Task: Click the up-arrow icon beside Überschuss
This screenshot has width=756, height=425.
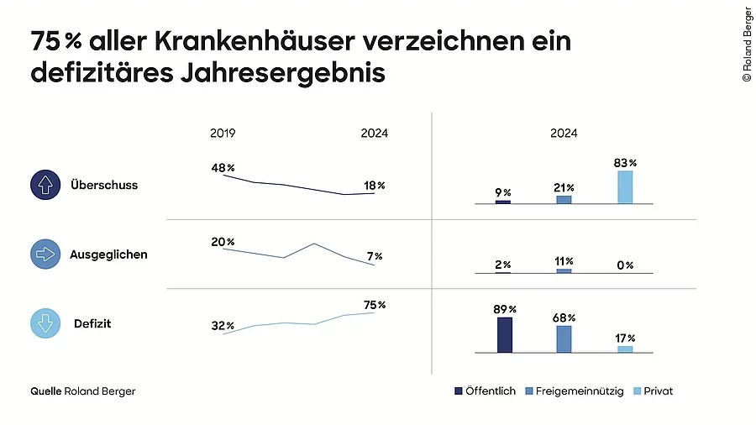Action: [45, 185]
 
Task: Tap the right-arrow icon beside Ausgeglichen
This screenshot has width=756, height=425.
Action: [45, 254]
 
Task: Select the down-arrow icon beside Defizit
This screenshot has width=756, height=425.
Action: [45, 323]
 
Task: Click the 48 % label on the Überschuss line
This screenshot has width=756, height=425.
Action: [223, 168]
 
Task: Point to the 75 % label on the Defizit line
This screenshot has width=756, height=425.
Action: [375, 305]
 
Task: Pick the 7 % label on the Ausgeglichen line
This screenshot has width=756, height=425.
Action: [374, 256]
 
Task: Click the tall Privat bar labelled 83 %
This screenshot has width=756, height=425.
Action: [625, 187]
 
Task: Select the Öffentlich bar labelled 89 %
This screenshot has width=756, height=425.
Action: [504, 334]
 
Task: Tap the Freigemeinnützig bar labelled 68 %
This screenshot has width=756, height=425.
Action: [564, 338]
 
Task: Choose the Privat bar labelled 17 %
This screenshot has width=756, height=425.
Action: [625, 349]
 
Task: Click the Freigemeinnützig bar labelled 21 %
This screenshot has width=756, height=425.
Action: [564, 200]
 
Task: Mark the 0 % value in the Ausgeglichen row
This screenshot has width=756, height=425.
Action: [624, 265]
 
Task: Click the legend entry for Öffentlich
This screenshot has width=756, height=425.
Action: [485, 391]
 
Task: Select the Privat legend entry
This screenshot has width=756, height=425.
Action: [653, 391]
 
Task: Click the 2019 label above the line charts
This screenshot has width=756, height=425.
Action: [223, 133]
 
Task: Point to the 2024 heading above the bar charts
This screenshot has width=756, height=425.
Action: [564, 133]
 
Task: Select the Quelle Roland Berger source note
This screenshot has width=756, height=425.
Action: [82, 391]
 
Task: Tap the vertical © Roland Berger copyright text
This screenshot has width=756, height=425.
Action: [746, 45]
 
